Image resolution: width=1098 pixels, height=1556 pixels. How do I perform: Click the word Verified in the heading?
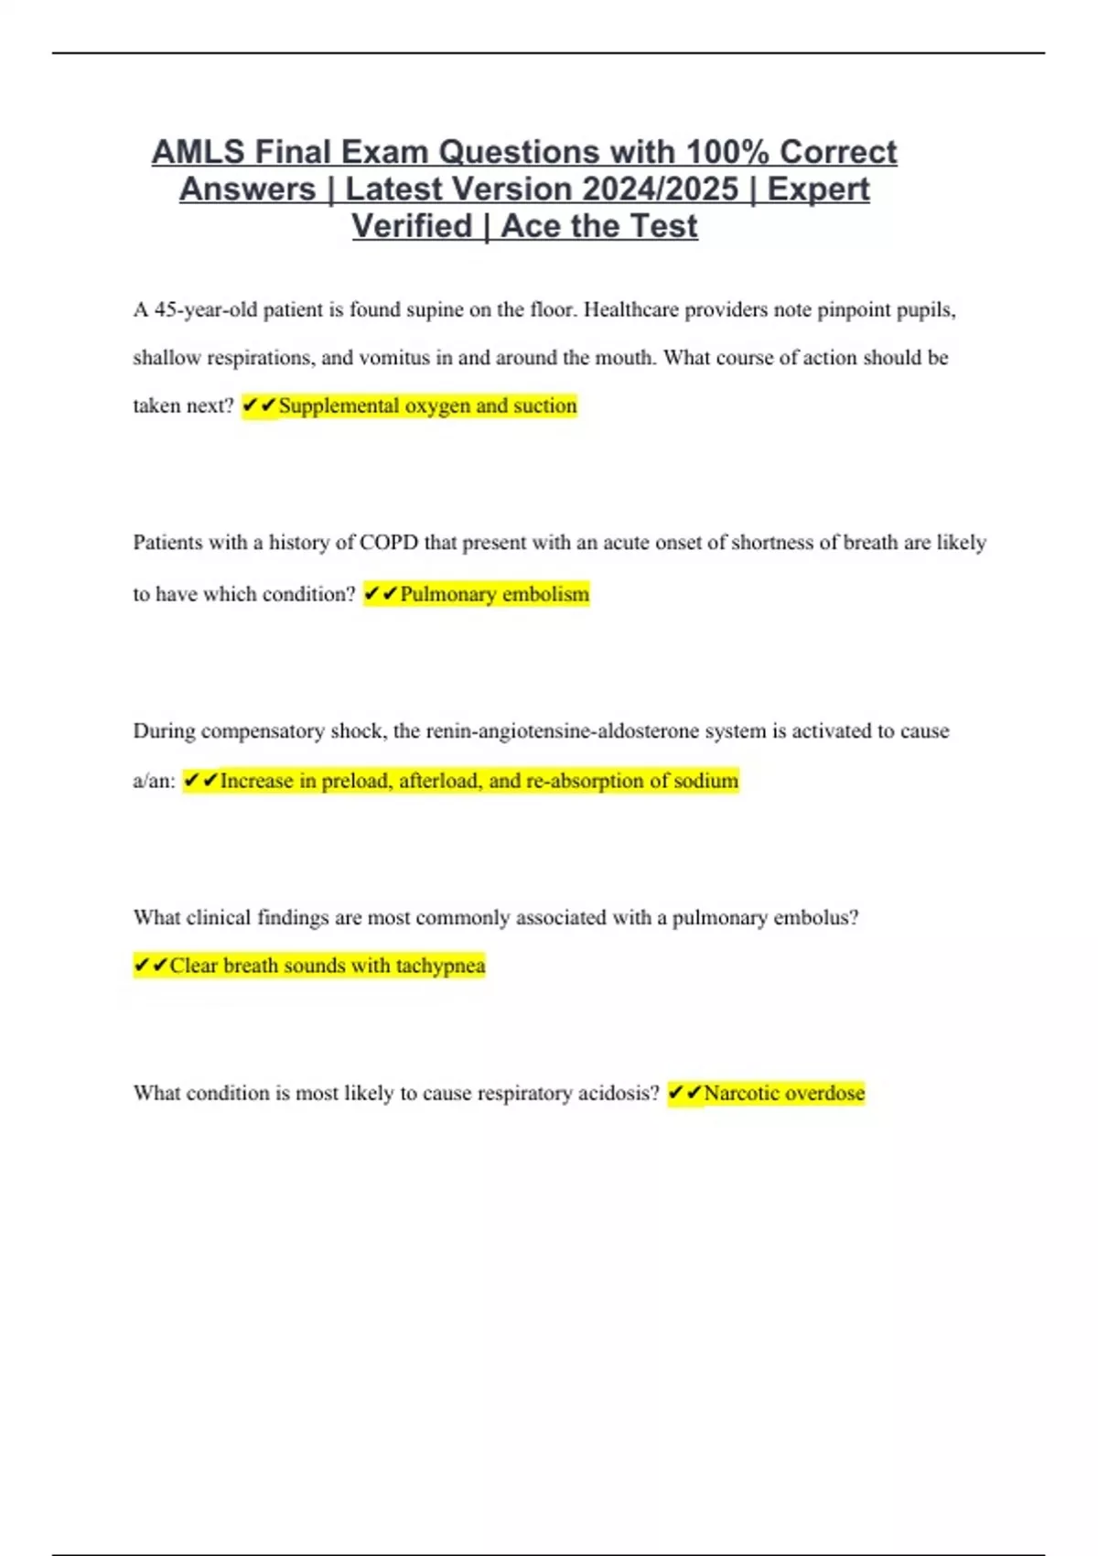tap(412, 226)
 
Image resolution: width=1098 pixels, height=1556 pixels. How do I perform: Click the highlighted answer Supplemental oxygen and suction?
tap(427, 405)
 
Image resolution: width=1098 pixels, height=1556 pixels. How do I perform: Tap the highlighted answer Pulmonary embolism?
tap(494, 594)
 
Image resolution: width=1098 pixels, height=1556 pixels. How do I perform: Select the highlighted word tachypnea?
tap(440, 966)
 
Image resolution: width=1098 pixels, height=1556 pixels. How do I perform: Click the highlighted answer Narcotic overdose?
tap(784, 1093)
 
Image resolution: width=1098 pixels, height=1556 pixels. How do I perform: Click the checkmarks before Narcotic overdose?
tap(685, 1093)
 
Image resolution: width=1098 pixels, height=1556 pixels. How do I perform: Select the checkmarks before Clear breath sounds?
tap(151, 966)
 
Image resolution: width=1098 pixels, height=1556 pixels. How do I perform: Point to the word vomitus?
tap(394, 358)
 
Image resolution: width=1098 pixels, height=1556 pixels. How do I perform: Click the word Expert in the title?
tap(818, 189)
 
